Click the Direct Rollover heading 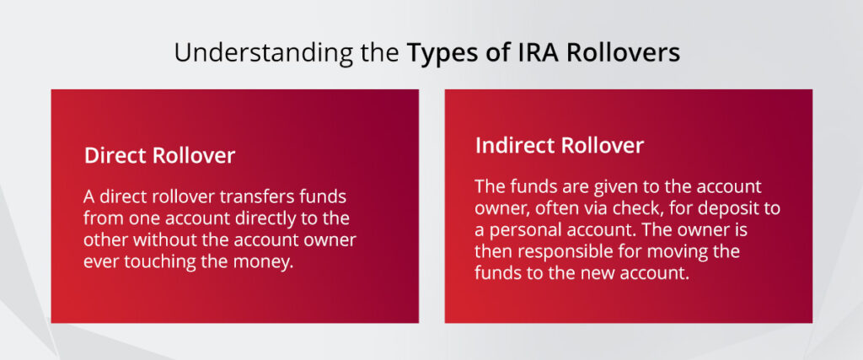pos(159,156)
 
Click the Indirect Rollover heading pos(560,145)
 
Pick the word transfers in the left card pos(247,196)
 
